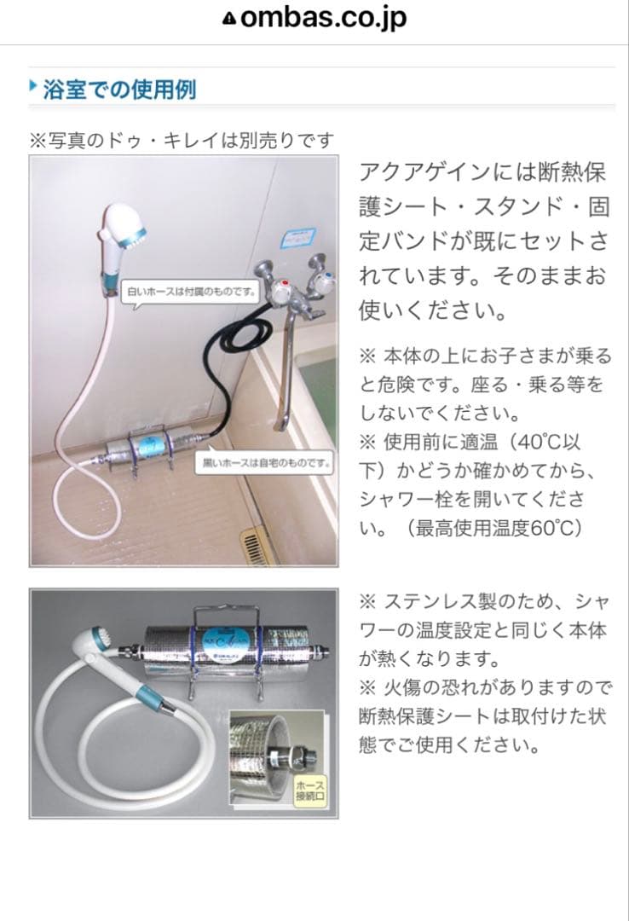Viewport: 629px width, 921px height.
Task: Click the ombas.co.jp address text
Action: coord(324,19)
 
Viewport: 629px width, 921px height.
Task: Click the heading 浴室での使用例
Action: coord(119,89)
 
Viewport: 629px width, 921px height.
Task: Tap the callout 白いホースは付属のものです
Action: coord(192,292)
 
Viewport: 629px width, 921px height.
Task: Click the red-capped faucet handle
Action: coord(279,293)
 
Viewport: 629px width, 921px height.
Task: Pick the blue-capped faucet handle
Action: coord(325,279)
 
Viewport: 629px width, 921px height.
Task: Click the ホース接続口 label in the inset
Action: coord(309,791)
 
